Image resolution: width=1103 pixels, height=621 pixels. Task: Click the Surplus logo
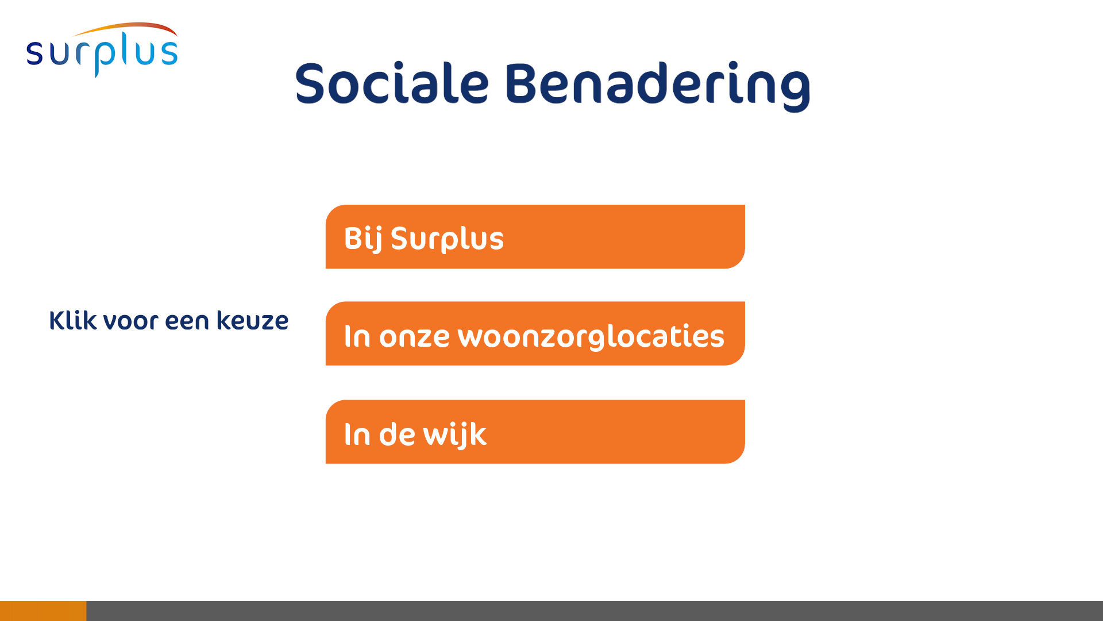point(102,50)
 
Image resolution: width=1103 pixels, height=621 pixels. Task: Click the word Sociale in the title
point(392,83)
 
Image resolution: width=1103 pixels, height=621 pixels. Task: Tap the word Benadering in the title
point(658,86)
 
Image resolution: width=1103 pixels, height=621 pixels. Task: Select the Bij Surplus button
point(535,236)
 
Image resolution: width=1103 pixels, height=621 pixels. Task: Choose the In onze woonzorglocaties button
point(535,333)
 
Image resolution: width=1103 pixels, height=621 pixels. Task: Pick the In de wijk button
point(535,432)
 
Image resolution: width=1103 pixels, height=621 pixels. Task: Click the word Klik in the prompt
point(73,320)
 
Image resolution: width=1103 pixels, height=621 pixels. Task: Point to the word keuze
point(252,320)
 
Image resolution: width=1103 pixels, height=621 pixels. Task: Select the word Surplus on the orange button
point(447,239)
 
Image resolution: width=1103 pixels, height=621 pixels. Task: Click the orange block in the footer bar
point(43,611)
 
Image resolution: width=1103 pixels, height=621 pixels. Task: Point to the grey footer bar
point(595,611)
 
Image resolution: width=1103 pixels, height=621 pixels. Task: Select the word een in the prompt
point(187,321)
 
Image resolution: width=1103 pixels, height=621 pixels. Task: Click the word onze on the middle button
point(414,337)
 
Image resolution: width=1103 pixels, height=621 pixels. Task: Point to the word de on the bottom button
point(397,434)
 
